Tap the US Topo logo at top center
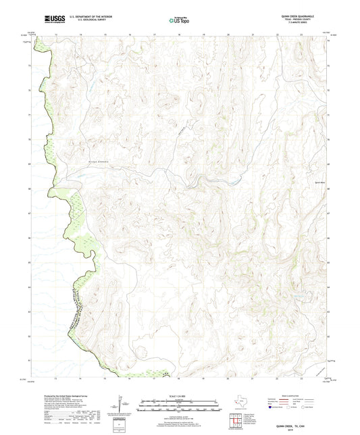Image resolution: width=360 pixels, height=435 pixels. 179,21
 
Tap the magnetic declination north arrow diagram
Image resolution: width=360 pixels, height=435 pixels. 120,405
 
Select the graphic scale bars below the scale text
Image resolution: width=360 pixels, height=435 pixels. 180,406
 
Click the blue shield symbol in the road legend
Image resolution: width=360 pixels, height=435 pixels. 273,407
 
